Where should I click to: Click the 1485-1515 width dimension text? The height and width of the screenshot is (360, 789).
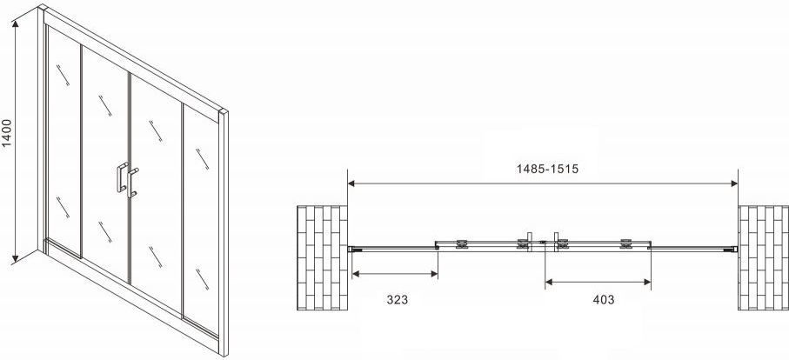point(547,169)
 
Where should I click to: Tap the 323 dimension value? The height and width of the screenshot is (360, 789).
point(397,300)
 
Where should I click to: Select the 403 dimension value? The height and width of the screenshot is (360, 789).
point(604,300)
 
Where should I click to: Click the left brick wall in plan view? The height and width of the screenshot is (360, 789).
point(322,257)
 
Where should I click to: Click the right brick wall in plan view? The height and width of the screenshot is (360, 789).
point(763,257)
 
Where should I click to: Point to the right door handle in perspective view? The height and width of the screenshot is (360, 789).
point(132,183)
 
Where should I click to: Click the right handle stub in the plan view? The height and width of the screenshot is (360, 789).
point(556,237)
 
